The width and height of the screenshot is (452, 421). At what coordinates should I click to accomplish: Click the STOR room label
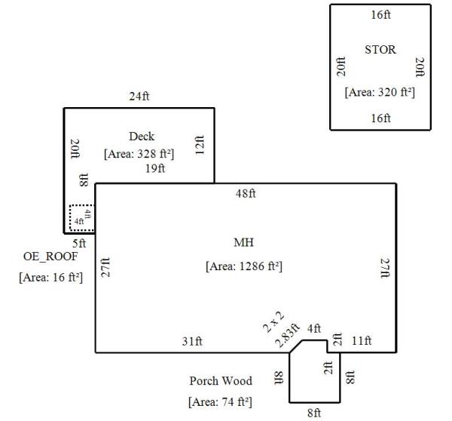pos(380,50)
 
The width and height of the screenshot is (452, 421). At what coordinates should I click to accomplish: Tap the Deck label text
pos(141,137)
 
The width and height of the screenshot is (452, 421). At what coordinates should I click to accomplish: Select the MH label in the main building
pos(243,242)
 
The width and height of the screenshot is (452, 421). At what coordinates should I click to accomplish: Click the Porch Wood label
pos(221,381)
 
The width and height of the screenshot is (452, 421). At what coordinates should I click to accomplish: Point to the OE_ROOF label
pos(50,257)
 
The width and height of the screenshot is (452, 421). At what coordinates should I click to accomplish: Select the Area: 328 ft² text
pos(139,153)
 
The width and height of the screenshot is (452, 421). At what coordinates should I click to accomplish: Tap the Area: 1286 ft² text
pos(243,266)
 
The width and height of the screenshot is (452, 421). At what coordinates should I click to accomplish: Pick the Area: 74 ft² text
pos(220,402)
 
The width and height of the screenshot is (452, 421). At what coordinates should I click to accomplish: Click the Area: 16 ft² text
pos(50,278)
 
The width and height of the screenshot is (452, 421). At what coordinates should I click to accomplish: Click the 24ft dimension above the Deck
pos(139,97)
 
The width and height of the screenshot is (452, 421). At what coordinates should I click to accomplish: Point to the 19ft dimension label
pos(154,169)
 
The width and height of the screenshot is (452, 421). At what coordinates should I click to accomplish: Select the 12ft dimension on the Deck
pos(200,143)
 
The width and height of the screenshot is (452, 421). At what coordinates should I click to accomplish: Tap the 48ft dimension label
pos(246,194)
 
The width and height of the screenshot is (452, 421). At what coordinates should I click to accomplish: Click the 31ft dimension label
pos(192,342)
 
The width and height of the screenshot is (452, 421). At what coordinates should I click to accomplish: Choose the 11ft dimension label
pos(362,341)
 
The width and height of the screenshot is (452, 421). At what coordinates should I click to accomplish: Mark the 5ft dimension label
pos(79,244)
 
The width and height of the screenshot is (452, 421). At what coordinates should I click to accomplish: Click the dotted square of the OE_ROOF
pos(81,217)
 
